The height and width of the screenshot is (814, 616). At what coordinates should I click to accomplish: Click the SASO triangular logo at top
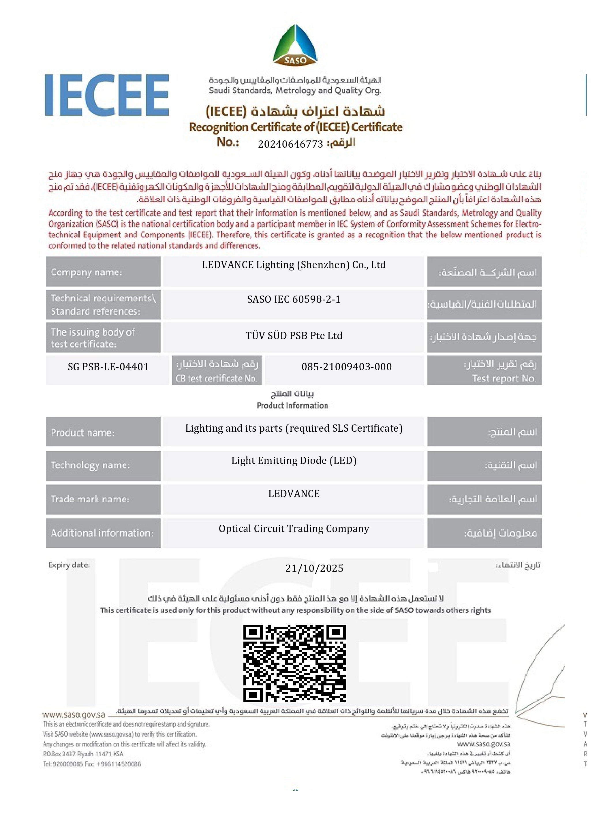coord(295,45)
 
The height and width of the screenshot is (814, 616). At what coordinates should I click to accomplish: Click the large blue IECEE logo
coord(107,95)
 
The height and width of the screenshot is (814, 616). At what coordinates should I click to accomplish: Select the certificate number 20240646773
coord(290,144)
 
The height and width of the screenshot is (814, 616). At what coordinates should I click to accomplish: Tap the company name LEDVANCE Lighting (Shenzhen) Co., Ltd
coord(293,265)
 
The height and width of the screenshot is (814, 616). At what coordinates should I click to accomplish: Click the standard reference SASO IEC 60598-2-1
coord(293,299)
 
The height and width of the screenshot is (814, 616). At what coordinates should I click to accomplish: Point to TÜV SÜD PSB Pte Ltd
coord(293,336)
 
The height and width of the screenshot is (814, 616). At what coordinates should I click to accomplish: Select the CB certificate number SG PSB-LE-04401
coord(108,367)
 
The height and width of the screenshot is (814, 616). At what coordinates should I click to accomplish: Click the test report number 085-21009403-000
coord(346,367)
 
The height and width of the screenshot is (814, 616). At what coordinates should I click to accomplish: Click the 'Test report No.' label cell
coord(484,371)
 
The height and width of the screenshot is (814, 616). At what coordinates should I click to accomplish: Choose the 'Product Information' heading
coord(292,405)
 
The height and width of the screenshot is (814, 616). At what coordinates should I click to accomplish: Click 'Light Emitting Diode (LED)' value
coord(293,461)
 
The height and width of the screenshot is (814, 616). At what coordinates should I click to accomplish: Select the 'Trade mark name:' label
coord(90,499)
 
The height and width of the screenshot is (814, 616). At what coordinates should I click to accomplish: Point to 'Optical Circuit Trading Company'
coord(293,529)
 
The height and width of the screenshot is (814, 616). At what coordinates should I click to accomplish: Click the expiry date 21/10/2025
coord(314,569)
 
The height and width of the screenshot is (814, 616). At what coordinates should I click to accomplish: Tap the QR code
coord(294,663)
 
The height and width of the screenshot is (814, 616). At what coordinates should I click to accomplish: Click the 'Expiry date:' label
coord(69,565)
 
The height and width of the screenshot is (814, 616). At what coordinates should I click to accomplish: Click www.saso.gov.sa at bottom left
coord(74,715)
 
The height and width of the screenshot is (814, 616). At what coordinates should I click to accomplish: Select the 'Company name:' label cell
coord(86,272)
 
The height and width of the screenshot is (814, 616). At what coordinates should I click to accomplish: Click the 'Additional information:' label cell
coord(102,533)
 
